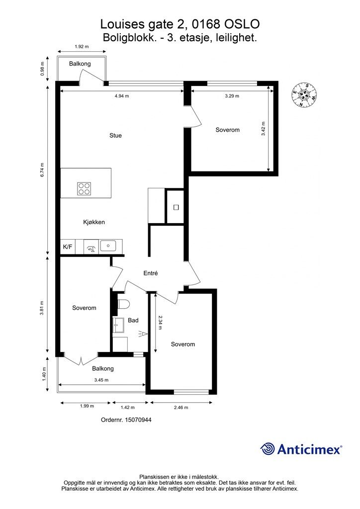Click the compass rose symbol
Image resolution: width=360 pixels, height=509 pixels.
coord(304,95)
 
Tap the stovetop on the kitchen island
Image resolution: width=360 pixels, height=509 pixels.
coord(84,188)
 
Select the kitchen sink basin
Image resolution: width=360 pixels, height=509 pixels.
coord(108,246)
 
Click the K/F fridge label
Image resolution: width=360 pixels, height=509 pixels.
coord(68,247)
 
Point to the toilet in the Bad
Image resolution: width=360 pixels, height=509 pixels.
coord(123,304)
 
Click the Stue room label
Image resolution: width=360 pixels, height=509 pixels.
coord(115,135)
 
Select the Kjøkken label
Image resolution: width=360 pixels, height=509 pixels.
coord(94,222)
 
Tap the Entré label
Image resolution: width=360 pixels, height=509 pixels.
coord(151,273)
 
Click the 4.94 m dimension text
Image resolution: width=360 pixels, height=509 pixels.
coord(122,96)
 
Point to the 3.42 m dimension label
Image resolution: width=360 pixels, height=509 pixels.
coord(263,129)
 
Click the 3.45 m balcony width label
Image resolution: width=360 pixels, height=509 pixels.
coord(101,380)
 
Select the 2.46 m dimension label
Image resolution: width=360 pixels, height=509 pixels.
coord(181,408)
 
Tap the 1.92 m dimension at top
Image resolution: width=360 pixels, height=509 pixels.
coord(82,46)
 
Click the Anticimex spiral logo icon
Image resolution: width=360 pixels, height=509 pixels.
coord(268,449)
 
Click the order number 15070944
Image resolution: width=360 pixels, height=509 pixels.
coord(138,420)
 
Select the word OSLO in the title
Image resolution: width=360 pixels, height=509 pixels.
coord(242,24)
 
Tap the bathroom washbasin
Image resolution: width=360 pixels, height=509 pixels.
coord(118,325)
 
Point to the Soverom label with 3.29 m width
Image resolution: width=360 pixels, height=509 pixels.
coord(228,130)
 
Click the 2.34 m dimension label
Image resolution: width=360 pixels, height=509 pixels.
coord(160,323)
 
